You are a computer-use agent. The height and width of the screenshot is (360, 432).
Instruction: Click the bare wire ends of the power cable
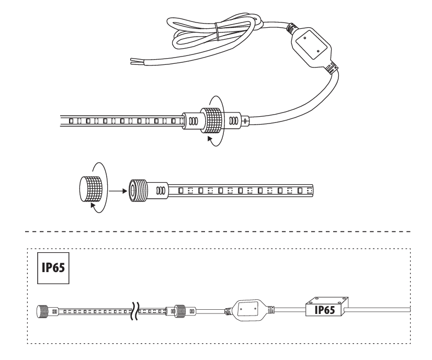pyautogui.click(x=137, y=61)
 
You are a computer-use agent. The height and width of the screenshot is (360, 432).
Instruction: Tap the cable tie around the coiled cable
pyautogui.click(x=217, y=32)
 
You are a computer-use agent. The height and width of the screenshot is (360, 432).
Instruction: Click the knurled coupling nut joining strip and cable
pyautogui.click(x=211, y=120)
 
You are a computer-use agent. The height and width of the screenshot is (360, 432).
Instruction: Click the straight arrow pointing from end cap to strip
pyautogui.click(x=118, y=191)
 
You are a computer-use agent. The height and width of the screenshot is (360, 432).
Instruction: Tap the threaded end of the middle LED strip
pyautogui.click(x=138, y=190)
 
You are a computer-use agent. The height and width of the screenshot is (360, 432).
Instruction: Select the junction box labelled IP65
pyautogui.click(x=327, y=306)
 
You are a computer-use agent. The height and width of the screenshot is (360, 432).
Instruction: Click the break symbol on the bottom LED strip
pyautogui.click(x=135, y=311)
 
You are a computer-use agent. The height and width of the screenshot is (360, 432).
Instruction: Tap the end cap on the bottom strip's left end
pyautogui.click(x=42, y=311)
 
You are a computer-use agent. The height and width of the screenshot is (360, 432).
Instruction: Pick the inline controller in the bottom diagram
pyautogui.click(x=248, y=310)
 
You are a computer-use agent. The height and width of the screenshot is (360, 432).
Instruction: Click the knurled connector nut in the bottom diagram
pyautogui.click(x=180, y=311)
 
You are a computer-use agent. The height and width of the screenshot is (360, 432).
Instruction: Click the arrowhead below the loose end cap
pyautogui.click(x=93, y=205)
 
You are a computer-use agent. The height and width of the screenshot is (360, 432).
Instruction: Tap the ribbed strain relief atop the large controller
pyautogui.click(x=292, y=28)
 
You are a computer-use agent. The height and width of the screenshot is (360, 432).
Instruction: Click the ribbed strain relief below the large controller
pyautogui.click(x=332, y=67)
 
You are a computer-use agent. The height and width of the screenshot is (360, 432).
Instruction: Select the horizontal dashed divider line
pyautogui.click(x=218, y=232)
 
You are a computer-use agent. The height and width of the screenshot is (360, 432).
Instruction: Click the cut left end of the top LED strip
pyautogui.click(x=61, y=121)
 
